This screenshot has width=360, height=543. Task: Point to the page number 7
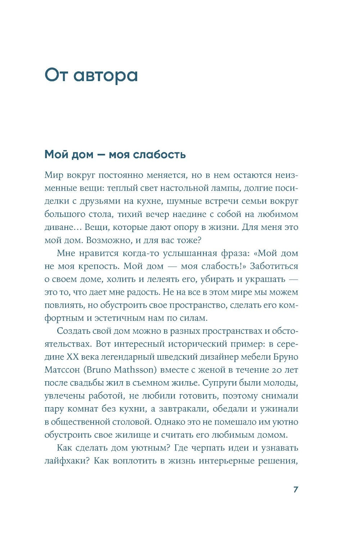tap(296, 490)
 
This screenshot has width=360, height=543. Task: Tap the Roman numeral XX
tap(74, 357)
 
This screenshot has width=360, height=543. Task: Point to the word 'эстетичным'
tap(121, 318)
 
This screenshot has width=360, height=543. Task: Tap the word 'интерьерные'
tap(225, 461)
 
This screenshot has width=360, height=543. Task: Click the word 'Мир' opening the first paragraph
tap(52, 175)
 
